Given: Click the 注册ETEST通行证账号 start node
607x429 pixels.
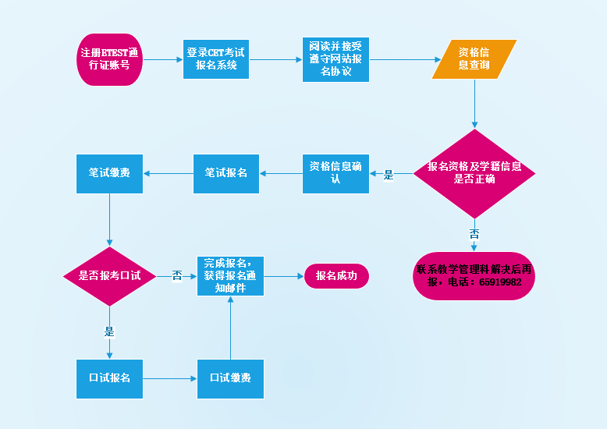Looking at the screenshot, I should click(109, 59).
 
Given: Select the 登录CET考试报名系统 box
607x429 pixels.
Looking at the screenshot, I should click(216, 59).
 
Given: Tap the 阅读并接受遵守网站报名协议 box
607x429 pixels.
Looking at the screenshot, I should click(335, 59).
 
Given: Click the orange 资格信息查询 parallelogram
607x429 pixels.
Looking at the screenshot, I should click(474, 59).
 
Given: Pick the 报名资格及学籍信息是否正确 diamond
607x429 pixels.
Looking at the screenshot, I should click(474, 173).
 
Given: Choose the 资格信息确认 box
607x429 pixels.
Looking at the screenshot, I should click(335, 173).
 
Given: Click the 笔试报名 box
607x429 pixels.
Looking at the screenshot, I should click(226, 173).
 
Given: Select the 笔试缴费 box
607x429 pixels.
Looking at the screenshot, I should click(109, 173).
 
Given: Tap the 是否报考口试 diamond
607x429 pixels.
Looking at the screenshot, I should click(110, 276).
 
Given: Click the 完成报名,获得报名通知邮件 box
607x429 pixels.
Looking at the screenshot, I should click(230, 276).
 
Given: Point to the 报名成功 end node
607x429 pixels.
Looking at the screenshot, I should click(336, 276).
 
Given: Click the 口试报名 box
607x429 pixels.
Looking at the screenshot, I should click(109, 378).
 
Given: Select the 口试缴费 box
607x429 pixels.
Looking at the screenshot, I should click(230, 378).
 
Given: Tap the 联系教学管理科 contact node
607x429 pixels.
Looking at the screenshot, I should click(474, 270).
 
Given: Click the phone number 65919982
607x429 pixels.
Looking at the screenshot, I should click(496, 282).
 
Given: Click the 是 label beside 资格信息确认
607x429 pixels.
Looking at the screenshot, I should click(389, 175).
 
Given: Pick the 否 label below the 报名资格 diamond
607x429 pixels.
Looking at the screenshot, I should click(474, 234).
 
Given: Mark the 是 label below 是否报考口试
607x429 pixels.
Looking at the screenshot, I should click(109, 331).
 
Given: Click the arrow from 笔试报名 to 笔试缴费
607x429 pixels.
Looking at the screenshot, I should click(169, 173).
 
